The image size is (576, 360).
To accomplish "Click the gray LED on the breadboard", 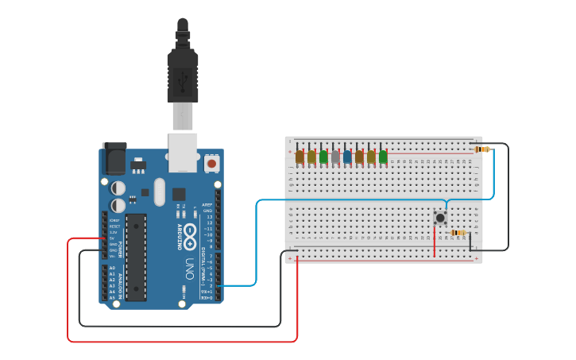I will [x=335, y=157].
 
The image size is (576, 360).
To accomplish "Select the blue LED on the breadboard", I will [x=347, y=157].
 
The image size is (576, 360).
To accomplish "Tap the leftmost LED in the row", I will [x=300, y=157].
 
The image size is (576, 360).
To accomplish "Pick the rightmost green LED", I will [x=383, y=157].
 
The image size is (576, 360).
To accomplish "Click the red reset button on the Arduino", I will [x=211, y=163].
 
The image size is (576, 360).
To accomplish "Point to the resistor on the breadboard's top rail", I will [x=481, y=149].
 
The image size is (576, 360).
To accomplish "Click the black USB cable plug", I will [x=183, y=75].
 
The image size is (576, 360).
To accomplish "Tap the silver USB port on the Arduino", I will [x=184, y=152].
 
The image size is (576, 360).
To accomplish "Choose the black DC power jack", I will [x=114, y=158].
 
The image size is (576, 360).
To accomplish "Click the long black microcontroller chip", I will [x=136, y=257].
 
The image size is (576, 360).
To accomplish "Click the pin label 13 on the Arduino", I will [x=209, y=216].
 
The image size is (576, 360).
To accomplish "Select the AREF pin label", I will [x=207, y=204].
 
